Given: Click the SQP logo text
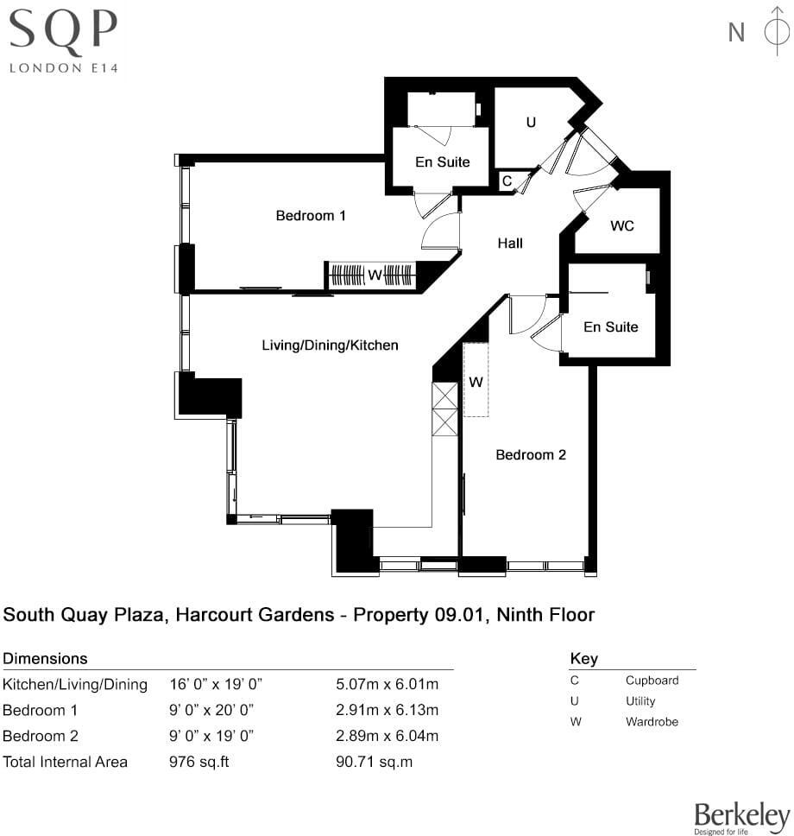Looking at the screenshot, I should click(x=62, y=33).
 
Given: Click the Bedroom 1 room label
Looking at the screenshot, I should click(x=311, y=215).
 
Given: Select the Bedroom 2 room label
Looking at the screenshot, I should click(x=530, y=454).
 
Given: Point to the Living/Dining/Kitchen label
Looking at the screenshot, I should click(x=330, y=345).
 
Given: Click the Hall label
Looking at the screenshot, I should click(x=510, y=244).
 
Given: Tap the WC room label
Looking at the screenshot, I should click(x=622, y=225).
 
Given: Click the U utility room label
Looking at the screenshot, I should click(x=531, y=123).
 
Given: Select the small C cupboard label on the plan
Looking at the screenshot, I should click(x=507, y=181).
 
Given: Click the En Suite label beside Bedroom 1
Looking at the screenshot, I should click(x=442, y=161).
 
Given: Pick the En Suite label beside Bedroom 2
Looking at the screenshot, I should click(x=610, y=326).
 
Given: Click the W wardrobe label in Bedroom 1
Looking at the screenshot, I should click(x=375, y=275).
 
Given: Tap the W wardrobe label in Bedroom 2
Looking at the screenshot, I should click(x=476, y=381).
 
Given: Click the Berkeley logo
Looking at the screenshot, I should click(x=742, y=817).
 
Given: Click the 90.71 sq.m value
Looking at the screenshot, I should click(x=373, y=762).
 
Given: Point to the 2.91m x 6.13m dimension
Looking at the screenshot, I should click(x=387, y=711).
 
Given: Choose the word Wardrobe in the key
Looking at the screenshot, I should click(x=652, y=721).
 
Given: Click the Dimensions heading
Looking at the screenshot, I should click(x=46, y=659).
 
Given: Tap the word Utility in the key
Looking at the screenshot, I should click(x=640, y=701).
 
